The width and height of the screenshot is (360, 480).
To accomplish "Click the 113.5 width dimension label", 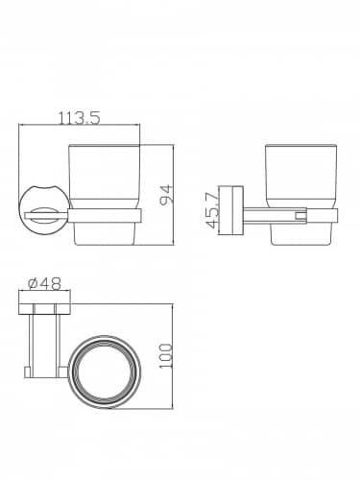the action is pyautogui.click(x=80, y=118).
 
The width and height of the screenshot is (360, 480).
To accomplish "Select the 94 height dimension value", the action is pyautogui.click(x=167, y=194).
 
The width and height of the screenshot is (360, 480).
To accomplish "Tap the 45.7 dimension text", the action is pyautogui.click(x=212, y=211).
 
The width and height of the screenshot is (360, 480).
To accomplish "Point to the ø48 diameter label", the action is pyautogui.click(x=44, y=283).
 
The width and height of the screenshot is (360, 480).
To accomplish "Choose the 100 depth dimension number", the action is pyautogui.click(x=166, y=356).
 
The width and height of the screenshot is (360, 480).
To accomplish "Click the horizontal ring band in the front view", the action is pyautogui.click(x=105, y=216).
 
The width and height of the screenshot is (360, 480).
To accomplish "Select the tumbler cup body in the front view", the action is pyautogui.click(x=105, y=195).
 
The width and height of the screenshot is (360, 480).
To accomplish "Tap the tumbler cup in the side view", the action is pyautogui.click(x=300, y=195).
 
